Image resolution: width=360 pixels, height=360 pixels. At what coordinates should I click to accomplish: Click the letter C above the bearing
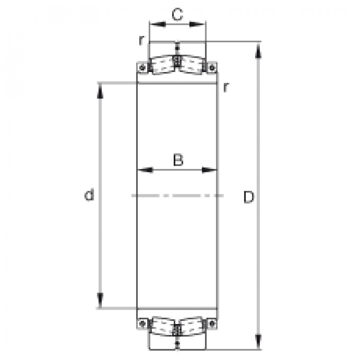pyautogui.click(x=177, y=14)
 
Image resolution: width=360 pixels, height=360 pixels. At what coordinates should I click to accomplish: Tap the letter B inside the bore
pyautogui.click(x=178, y=160)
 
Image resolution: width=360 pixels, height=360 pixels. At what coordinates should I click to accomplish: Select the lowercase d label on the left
pyautogui.click(x=89, y=195)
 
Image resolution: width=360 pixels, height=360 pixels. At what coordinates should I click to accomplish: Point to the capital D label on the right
pyautogui.click(x=249, y=197)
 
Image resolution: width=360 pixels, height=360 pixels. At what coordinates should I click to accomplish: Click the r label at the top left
pyautogui.click(x=142, y=40)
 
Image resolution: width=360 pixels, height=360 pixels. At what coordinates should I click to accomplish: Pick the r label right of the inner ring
pyautogui.click(x=226, y=87)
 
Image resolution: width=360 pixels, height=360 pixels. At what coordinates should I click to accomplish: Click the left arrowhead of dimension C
pyautogui.click(x=157, y=24)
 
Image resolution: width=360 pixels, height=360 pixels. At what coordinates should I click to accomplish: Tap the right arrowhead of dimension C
pyautogui.click(x=197, y=24)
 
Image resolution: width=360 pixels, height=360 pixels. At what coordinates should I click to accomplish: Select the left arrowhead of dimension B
pyautogui.click(x=145, y=170)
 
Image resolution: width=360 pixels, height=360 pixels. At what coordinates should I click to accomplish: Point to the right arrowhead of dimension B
pyautogui.click(x=209, y=170)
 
